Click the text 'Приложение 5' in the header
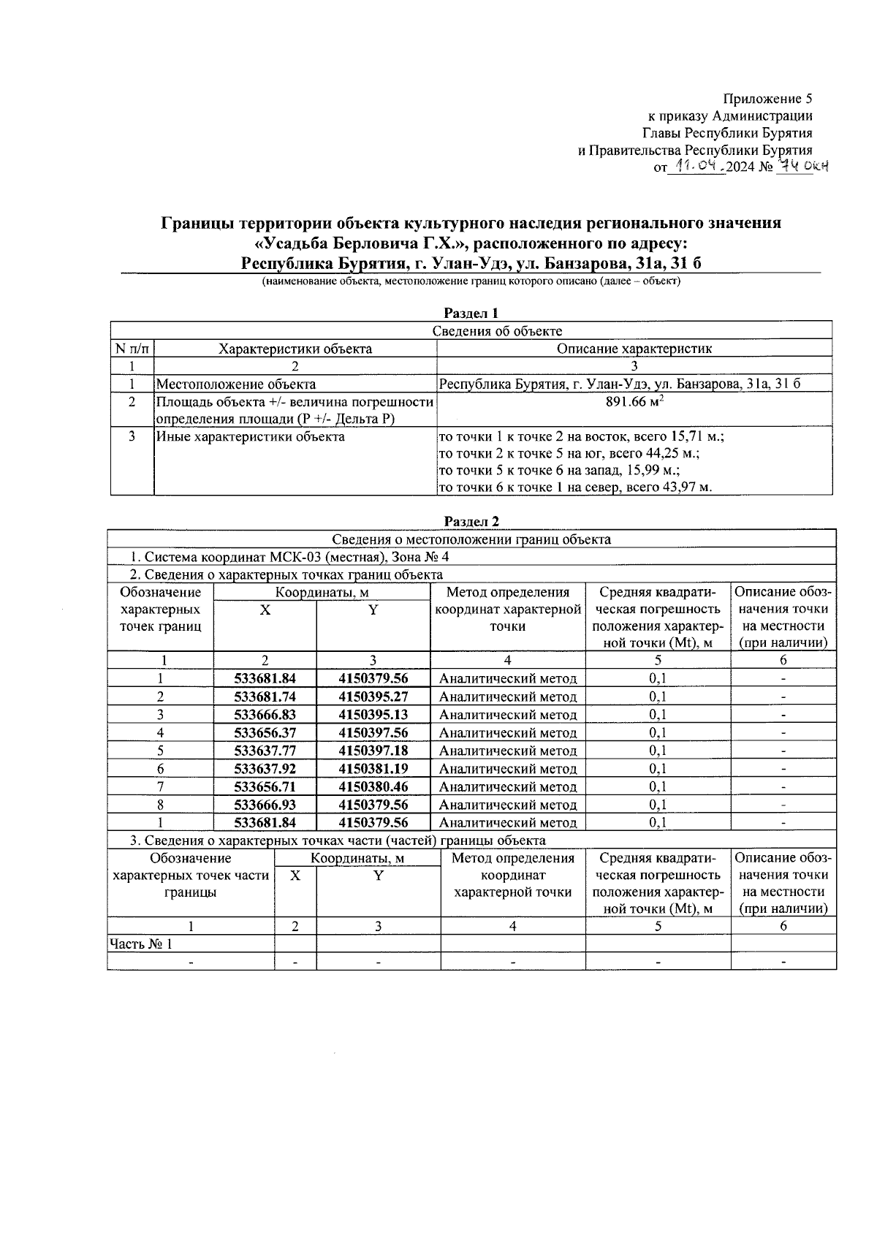pyautogui.click(x=767, y=99)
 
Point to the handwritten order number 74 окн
pyautogui.click(x=802, y=167)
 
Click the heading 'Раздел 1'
pyautogui.click(x=471, y=314)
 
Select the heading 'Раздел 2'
pyautogui.click(x=471, y=522)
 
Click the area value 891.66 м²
pyautogui.click(x=634, y=401)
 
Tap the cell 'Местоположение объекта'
pyautogui.click(x=236, y=384)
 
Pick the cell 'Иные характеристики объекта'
pyautogui.click(x=250, y=437)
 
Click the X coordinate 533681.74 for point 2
pyautogui.click(x=265, y=697)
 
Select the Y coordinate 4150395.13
pyautogui.click(x=373, y=715)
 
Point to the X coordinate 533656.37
pyautogui.click(x=265, y=732)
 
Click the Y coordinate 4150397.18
pyautogui.click(x=373, y=751)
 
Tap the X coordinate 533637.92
pyautogui.click(x=265, y=769)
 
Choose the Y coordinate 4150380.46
pyautogui.click(x=373, y=786)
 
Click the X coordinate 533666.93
pyautogui.click(x=265, y=805)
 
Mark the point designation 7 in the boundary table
pyautogui.click(x=160, y=786)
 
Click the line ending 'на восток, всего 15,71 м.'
pyautogui.click(x=581, y=437)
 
